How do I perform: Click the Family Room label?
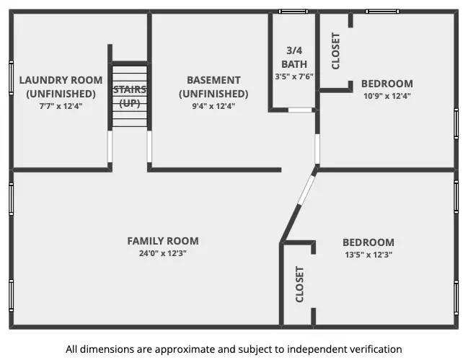click(163, 241)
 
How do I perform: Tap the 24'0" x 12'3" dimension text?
click(163, 253)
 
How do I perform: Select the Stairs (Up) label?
click(130, 96)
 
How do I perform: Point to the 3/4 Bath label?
click(294, 57)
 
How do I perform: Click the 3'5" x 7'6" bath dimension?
click(294, 76)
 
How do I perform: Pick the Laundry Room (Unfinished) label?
click(61, 87)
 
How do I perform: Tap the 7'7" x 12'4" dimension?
click(61, 106)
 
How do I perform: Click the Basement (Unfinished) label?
click(213, 87)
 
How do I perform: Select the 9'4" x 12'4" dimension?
click(213, 106)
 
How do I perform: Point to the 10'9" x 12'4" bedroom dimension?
click(387, 96)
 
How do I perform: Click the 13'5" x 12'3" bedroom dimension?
click(368, 255)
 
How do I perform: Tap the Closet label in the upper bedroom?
click(336, 51)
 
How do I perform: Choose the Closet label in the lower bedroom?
click(300, 284)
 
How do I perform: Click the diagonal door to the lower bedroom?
click(306, 190)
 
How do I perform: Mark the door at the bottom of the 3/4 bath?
click(300, 110)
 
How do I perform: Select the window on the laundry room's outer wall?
click(12, 78)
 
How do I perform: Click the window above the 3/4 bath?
click(293, 12)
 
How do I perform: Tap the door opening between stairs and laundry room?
click(110, 146)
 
